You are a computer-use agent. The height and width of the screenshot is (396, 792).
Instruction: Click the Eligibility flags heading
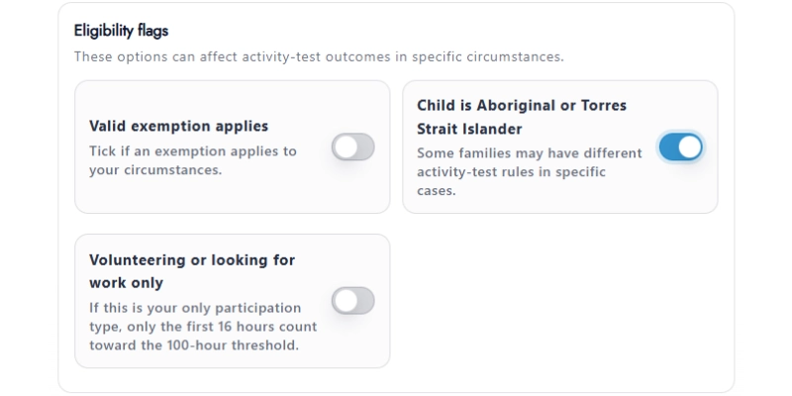coord(120,31)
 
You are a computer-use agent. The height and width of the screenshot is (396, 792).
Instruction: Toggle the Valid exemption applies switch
coord(352,148)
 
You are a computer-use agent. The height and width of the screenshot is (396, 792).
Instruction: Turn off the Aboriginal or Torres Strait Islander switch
coord(680,148)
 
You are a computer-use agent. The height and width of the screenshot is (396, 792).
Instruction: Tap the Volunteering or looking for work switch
coord(352,301)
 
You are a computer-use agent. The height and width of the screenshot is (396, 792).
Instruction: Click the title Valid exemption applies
coord(178,126)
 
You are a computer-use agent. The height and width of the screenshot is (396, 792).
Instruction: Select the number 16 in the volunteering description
coord(250,326)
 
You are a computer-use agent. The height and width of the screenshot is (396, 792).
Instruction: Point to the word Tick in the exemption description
coord(103,151)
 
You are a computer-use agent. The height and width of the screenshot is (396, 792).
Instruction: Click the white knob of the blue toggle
coord(690,148)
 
